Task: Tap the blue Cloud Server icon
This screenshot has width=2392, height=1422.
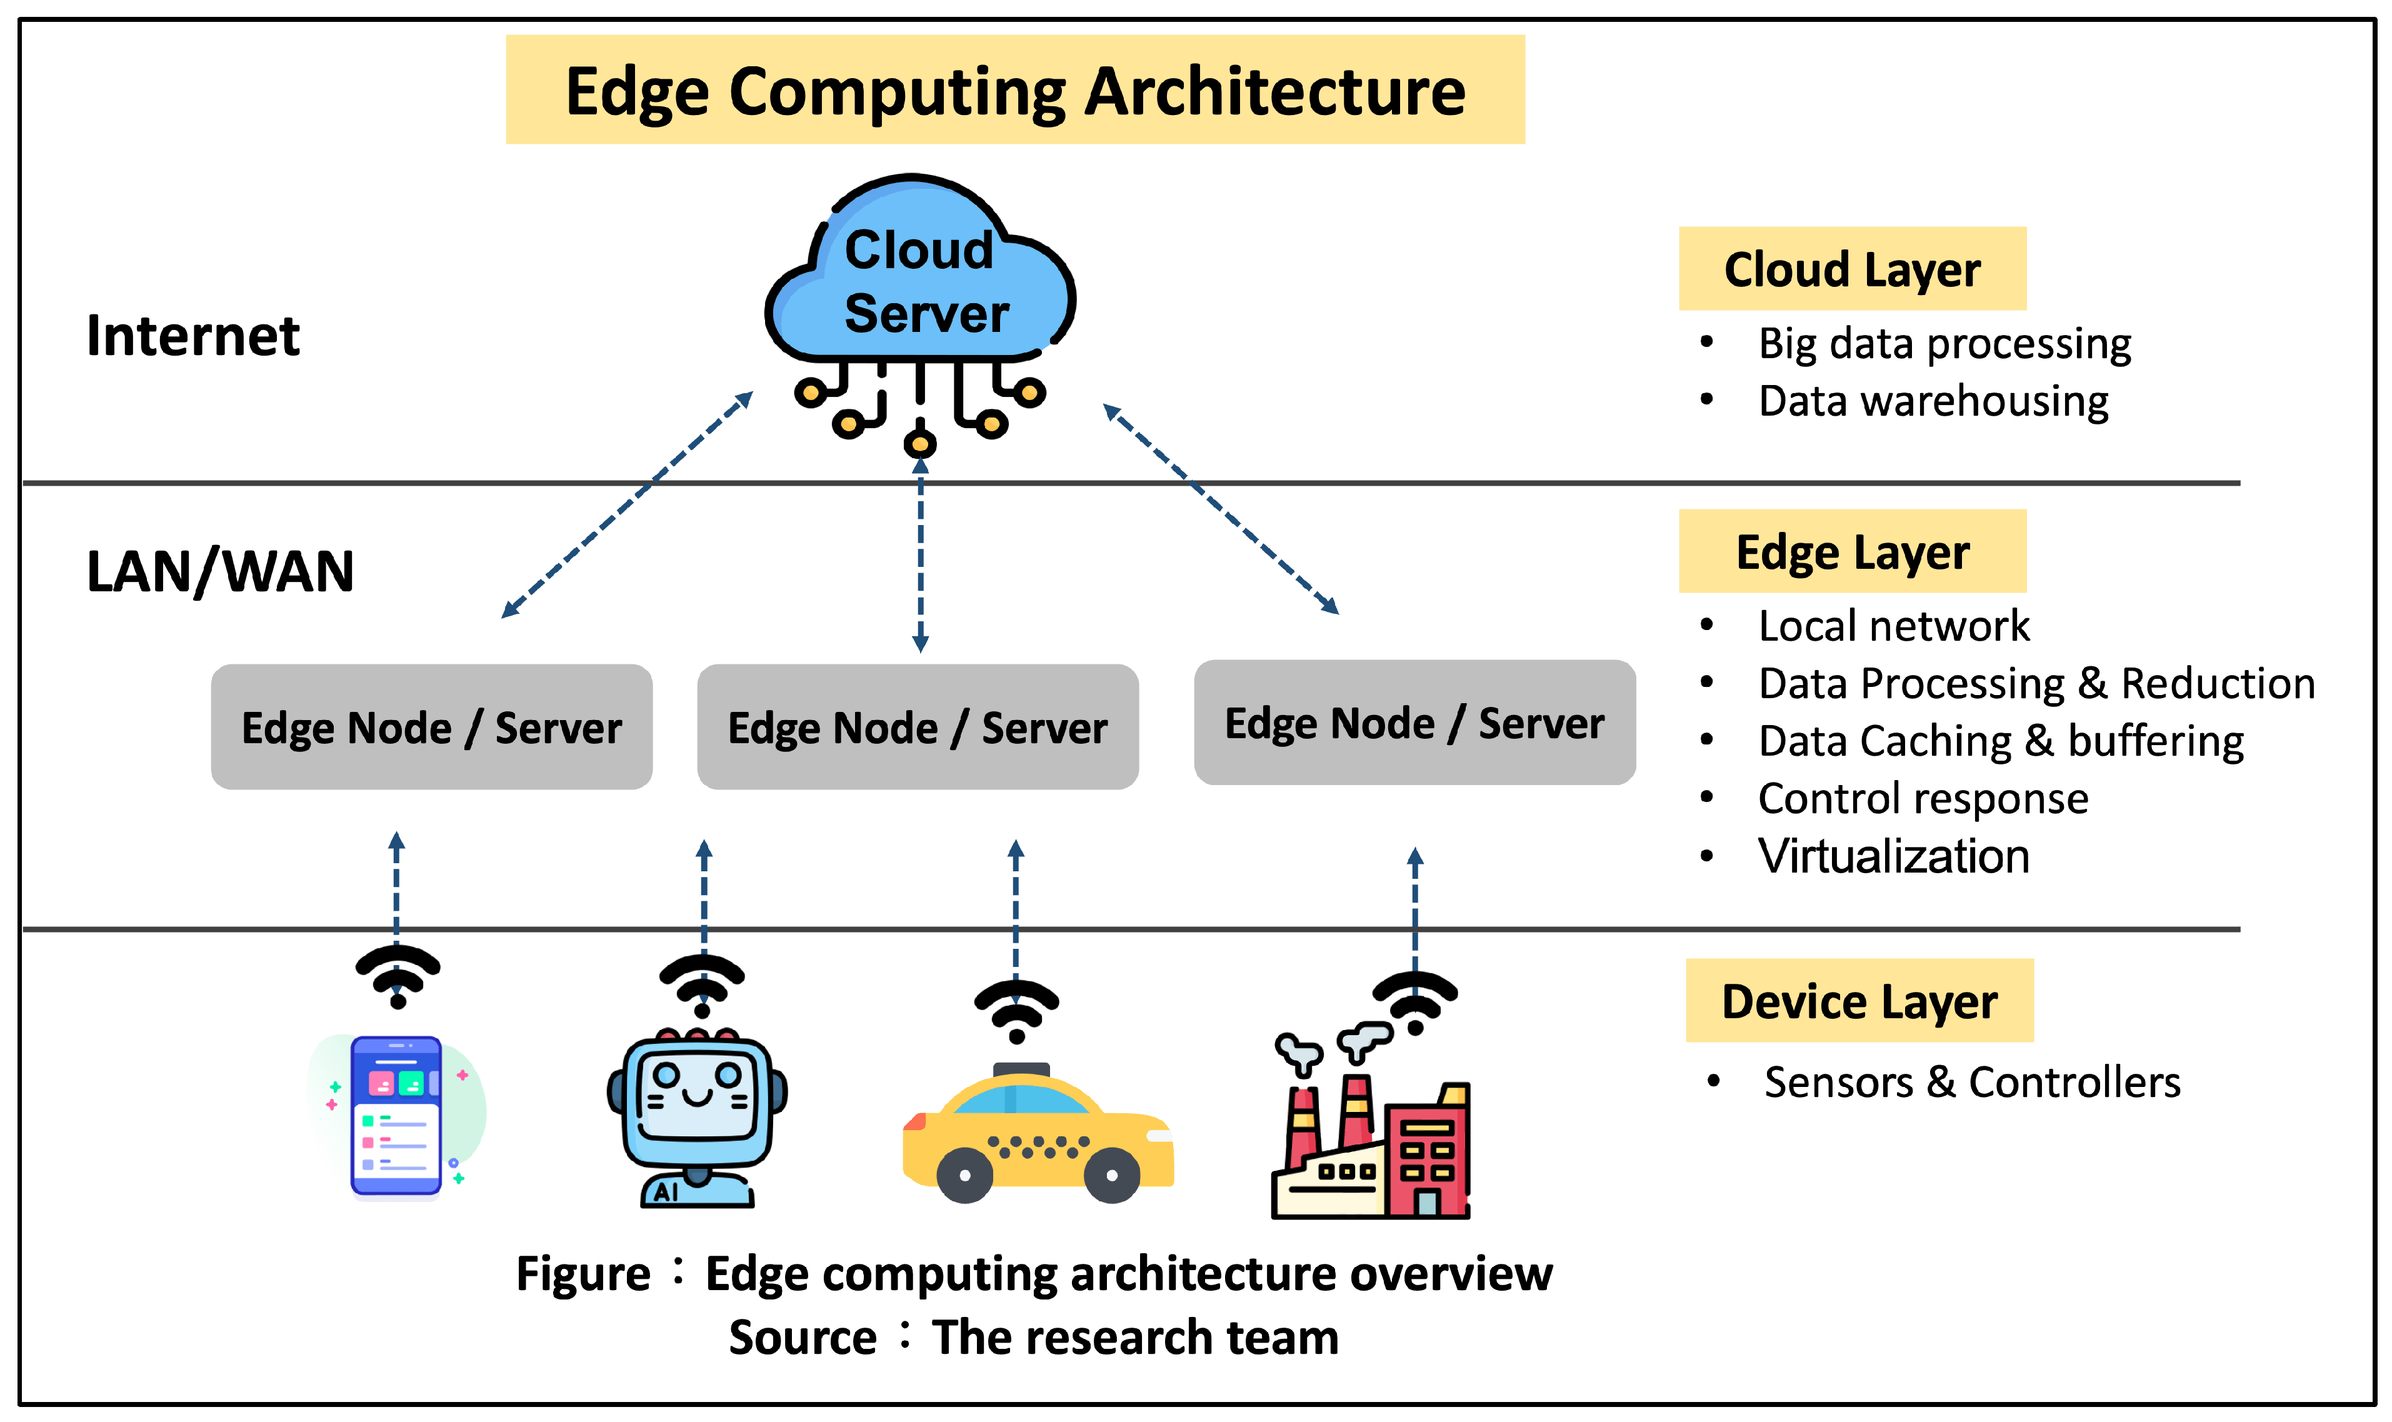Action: tap(919, 278)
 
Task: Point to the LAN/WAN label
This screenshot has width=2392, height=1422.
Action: tap(221, 571)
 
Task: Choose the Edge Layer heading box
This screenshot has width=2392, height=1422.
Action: tap(1852, 552)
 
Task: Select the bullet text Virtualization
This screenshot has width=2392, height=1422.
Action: tap(1893, 856)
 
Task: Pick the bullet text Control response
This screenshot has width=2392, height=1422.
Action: tap(1923, 798)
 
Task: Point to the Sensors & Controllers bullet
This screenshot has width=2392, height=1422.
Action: tap(1971, 1082)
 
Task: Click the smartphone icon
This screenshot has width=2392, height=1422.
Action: tap(396, 1116)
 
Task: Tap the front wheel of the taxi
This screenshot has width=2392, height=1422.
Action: tap(1111, 1174)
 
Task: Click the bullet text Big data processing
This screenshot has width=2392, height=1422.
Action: tap(1944, 343)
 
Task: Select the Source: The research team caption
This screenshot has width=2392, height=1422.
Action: tap(1033, 1337)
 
